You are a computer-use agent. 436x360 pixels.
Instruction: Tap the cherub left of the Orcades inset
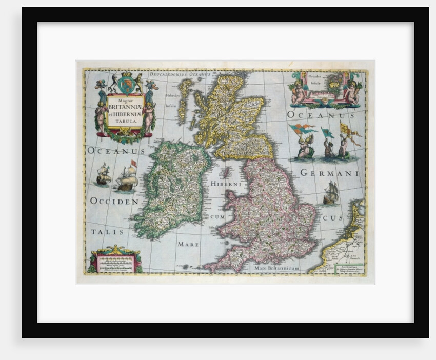pos(299,91)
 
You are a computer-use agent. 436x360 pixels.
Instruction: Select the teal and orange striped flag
pos(303,129)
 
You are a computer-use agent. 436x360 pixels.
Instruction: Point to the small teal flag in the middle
pos(326,133)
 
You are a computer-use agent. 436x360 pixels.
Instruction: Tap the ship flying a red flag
pos(127,177)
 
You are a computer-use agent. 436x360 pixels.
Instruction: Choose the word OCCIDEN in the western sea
pos(114,202)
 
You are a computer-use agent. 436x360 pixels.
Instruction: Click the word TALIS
pos(108,232)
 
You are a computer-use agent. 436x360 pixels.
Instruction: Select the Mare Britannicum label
pos(276,268)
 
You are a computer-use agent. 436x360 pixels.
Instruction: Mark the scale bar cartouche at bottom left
pos(115,261)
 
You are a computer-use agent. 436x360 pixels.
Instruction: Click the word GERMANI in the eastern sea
pos(329,173)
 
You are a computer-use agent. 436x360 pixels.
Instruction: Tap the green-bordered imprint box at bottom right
pos(349,268)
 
